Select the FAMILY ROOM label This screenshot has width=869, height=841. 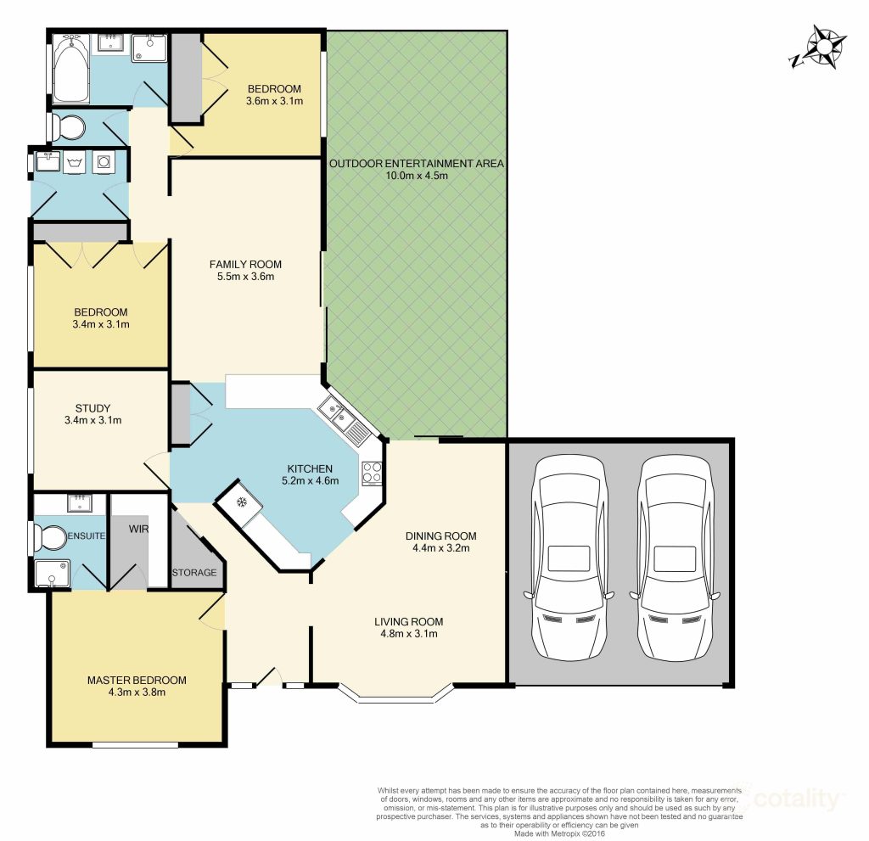coord(245,265)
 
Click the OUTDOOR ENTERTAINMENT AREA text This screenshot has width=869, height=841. coord(417,164)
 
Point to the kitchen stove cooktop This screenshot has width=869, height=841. coord(372,474)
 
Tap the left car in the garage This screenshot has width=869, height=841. coord(569,558)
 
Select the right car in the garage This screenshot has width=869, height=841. coord(675,558)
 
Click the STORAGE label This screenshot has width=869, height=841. coord(194,572)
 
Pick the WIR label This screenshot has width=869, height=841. coord(138,529)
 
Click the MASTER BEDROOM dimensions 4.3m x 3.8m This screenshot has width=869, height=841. coord(137,692)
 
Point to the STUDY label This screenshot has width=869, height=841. coord(93,408)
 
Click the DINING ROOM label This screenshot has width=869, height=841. coord(441,535)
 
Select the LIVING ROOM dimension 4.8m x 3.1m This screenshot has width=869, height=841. coord(409,634)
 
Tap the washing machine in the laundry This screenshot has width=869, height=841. coord(104,162)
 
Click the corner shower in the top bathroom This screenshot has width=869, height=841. coord(149,48)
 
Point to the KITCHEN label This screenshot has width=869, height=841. coord(310,468)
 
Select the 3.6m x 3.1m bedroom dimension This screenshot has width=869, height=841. coord(274,101)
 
